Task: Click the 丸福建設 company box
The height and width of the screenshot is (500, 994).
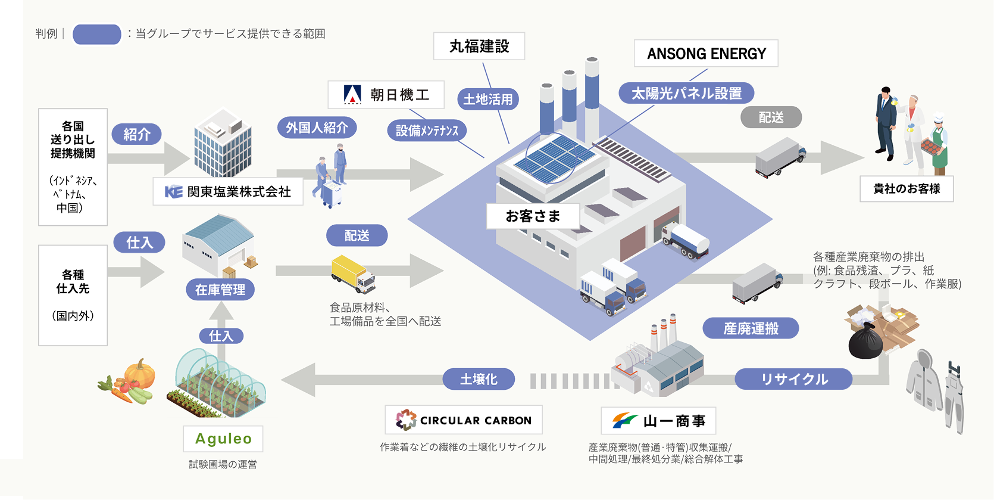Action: pos(479,46)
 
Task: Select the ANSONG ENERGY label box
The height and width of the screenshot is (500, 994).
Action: pos(706,54)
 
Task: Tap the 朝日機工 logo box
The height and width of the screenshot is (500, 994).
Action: pos(386,95)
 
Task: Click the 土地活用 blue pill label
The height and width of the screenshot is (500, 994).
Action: pos(487,99)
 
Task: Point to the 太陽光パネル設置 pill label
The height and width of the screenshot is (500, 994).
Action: pos(686,94)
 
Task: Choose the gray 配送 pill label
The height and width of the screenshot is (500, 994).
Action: pos(771,117)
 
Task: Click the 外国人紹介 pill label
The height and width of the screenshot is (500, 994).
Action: pos(317,128)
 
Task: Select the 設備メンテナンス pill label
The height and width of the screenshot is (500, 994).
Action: pos(427,131)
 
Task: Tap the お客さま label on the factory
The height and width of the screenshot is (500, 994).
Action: pos(533,216)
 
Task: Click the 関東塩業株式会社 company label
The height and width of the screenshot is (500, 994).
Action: pos(228,191)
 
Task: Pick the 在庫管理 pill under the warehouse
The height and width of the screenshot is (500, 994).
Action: pos(220,290)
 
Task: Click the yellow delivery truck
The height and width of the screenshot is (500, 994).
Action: pos(353,274)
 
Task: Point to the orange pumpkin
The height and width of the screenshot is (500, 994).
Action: pos(140,374)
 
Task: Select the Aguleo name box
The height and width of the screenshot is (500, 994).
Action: pos(223,439)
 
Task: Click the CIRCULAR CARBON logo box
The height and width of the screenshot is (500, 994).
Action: pos(464,420)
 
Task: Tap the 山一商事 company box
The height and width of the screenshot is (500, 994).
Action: pos(658,421)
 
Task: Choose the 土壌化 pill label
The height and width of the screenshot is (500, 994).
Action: pos(479,379)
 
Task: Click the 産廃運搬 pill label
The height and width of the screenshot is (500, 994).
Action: pos(751,328)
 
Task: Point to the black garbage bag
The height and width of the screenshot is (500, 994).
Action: pos(865,342)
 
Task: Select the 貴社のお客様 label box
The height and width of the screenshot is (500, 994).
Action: pos(907,189)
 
